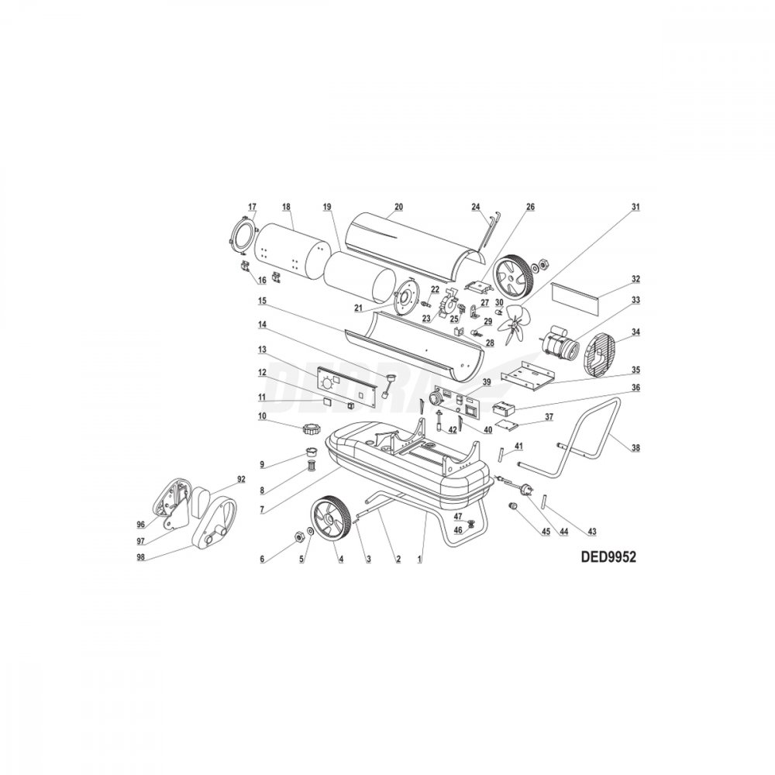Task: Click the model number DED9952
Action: (608, 557)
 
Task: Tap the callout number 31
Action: (635, 207)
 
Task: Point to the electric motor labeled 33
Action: (562, 343)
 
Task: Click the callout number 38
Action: (635, 448)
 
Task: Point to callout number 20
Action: (399, 207)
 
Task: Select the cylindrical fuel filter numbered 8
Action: (312, 465)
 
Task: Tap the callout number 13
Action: (262, 350)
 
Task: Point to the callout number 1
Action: (419, 560)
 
